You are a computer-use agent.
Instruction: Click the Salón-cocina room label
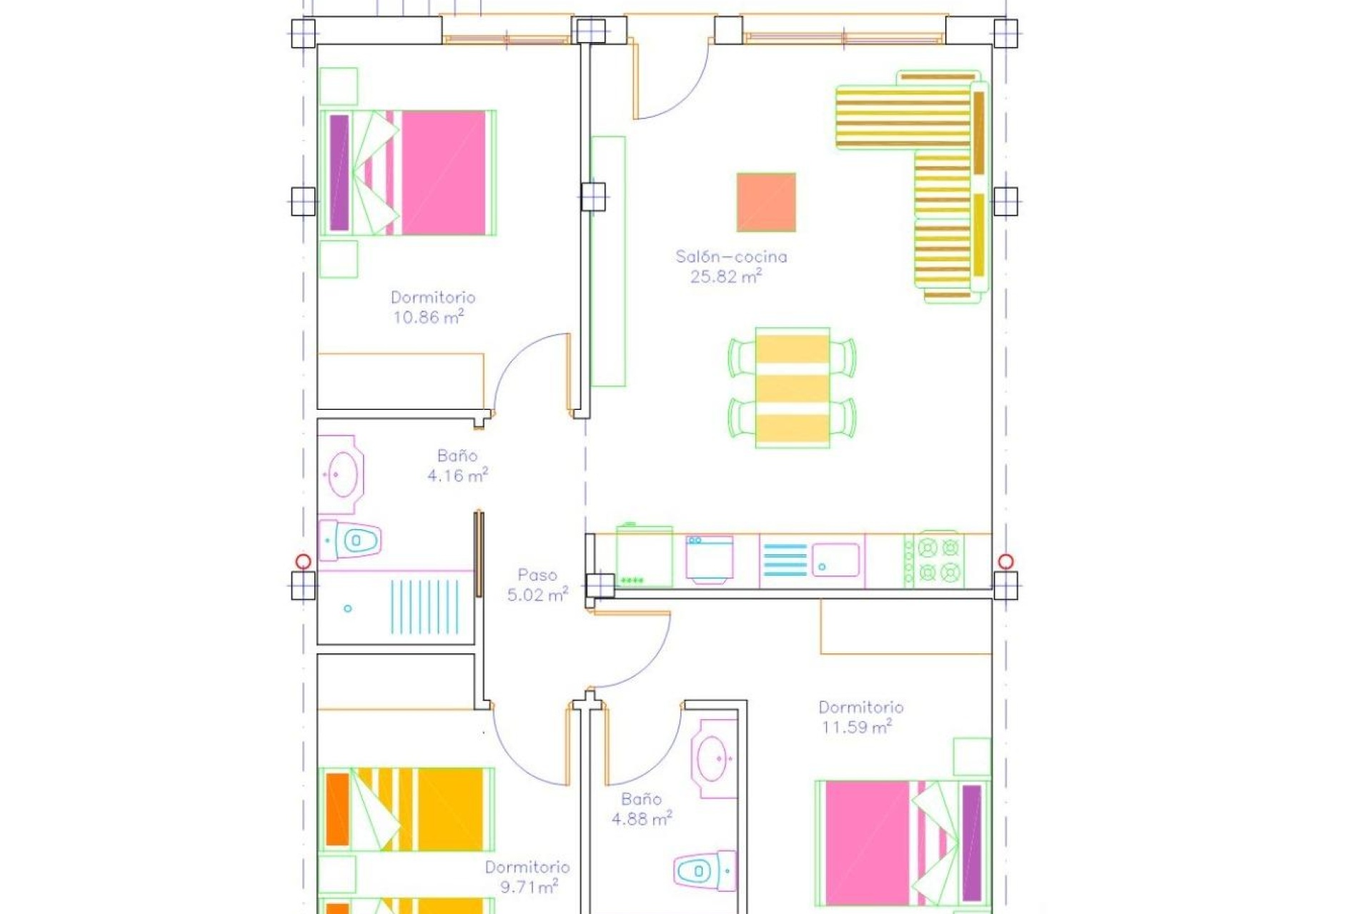pos(731,256)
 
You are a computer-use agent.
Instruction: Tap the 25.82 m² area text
pos(725,277)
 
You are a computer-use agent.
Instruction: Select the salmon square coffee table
pos(766,202)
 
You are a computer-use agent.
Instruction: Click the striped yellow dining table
pos(792,388)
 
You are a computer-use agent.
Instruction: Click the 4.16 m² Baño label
pos(457,466)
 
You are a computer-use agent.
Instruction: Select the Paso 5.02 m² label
pos(537,585)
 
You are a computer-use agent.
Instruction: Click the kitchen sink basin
pos(836,560)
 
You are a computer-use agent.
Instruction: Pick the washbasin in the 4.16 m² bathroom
pos(343,474)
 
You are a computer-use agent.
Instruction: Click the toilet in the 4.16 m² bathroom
pos(355,541)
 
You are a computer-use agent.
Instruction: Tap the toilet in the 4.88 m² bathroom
pos(702,871)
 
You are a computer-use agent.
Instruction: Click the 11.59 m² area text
pos(855,728)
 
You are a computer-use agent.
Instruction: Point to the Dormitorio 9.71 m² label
pos(527,877)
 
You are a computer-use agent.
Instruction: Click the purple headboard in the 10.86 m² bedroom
pos(339,173)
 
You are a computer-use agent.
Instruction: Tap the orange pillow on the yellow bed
pos(337,809)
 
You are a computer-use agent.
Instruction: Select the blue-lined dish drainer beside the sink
pos(785,560)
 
